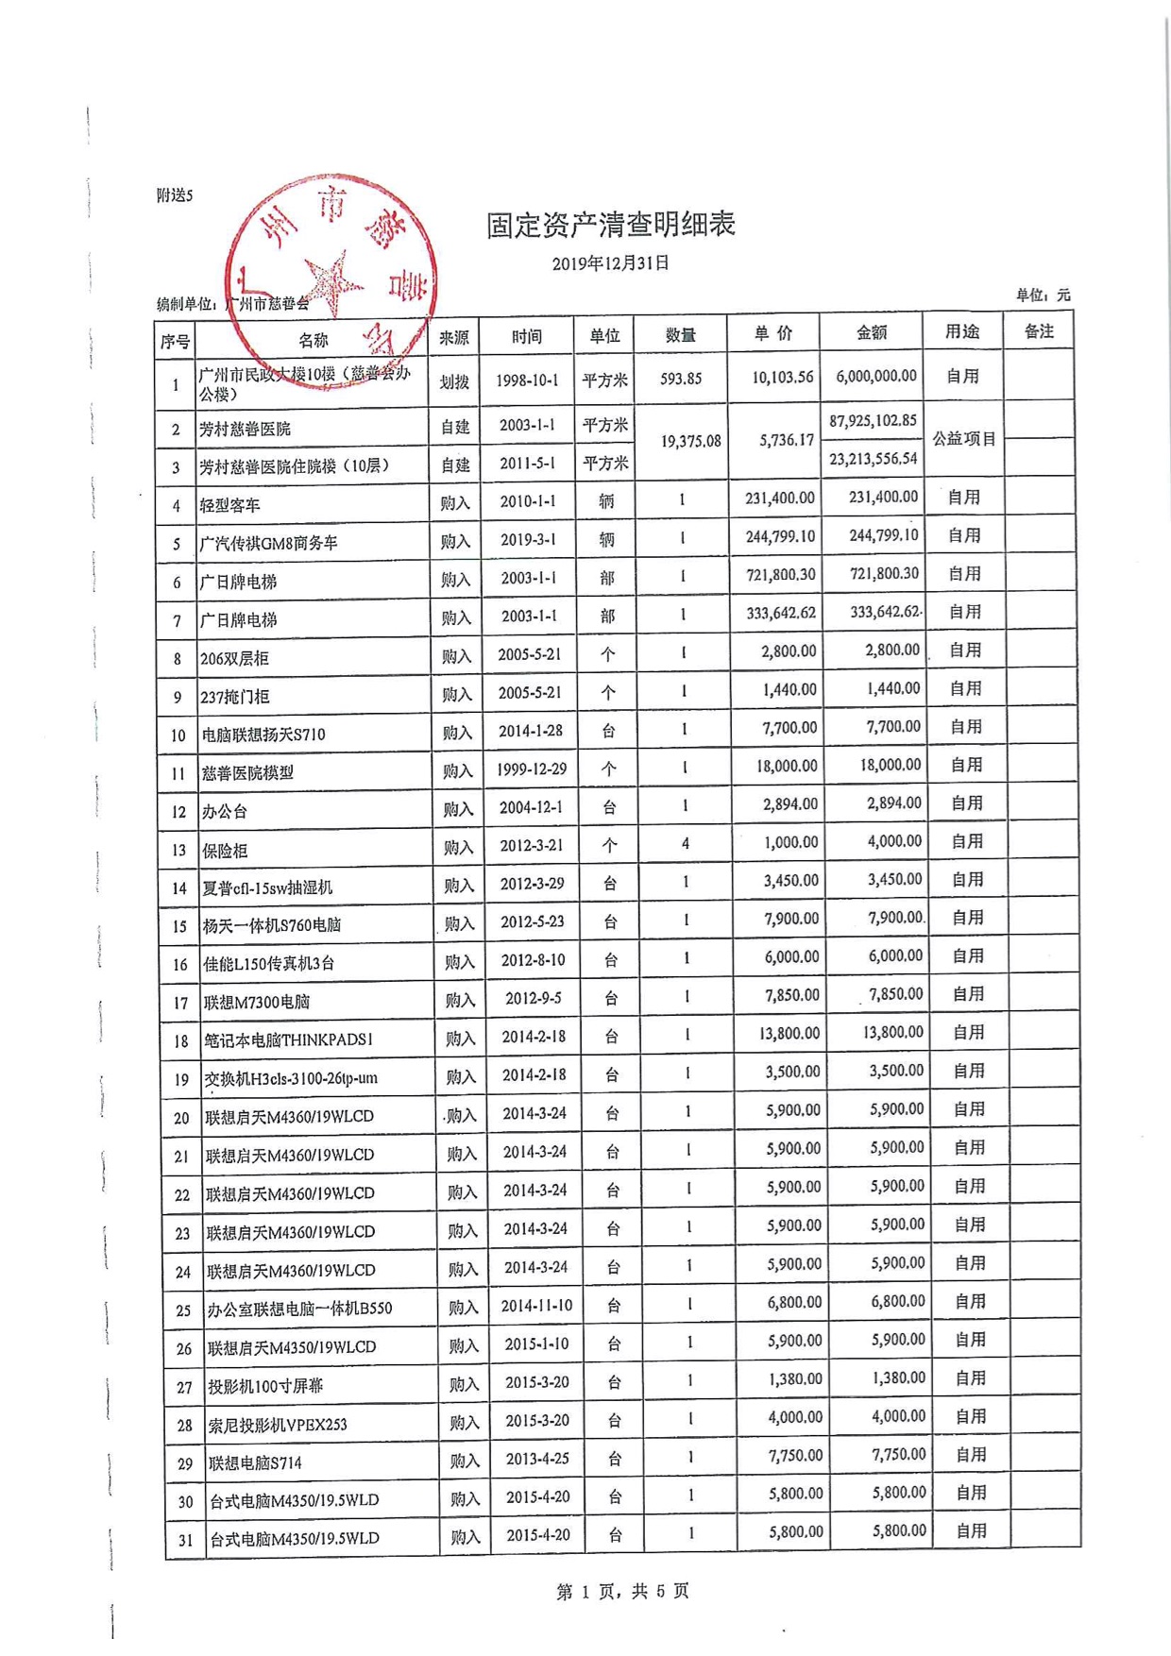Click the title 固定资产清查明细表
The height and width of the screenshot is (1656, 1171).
point(610,225)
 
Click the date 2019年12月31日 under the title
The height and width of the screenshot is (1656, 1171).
point(610,263)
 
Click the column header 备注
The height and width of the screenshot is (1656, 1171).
point(1038,331)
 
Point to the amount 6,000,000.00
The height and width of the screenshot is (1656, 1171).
point(875,376)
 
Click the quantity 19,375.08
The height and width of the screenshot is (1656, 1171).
point(690,441)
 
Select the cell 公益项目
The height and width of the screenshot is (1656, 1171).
point(963,439)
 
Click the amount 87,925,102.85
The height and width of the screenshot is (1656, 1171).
point(873,420)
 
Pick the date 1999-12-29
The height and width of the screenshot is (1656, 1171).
point(532,769)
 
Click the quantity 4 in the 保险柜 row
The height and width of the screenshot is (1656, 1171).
point(686,843)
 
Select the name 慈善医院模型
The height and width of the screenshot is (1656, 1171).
point(247,773)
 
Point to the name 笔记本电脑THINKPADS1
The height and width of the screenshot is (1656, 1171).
point(289,1040)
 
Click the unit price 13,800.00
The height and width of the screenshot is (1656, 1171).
point(789,1033)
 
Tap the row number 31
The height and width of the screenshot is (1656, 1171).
point(186,1540)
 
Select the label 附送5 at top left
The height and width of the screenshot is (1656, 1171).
point(175,195)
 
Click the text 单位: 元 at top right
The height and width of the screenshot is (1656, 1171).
point(1043,296)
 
